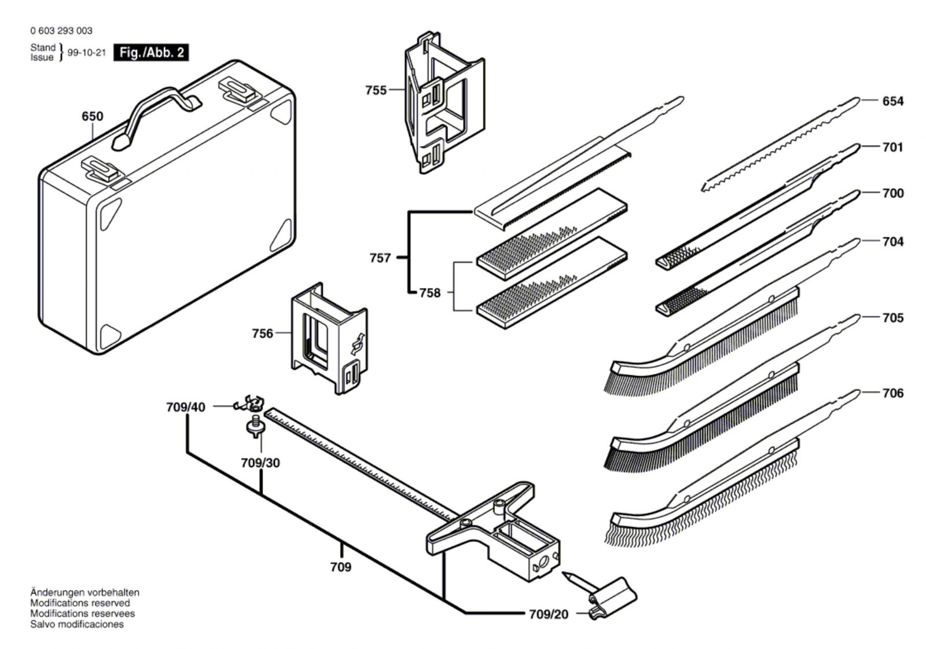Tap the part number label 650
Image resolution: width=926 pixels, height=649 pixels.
pyautogui.click(x=92, y=116)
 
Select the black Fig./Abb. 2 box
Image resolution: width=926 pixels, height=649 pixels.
pyautogui.click(x=151, y=53)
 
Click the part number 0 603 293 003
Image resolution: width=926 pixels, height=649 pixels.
pyautogui.click(x=61, y=31)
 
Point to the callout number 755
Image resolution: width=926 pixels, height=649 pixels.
pyautogui.click(x=376, y=90)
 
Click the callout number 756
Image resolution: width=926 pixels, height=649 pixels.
pyautogui.click(x=263, y=333)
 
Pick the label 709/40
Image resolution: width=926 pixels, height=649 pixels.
pyautogui.click(x=186, y=407)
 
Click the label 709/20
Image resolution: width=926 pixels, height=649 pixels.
pyautogui.click(x=549, y=614)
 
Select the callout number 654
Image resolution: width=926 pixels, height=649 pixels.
pyautogui.click(x=893, y=101)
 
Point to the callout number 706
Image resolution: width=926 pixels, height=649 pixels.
pyautogui.click(x=893, y=393)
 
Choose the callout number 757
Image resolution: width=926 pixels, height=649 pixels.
pyautogui.click(x=380, y=258)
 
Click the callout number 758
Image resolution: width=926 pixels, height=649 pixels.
pyautogui.click(x=430, y=292)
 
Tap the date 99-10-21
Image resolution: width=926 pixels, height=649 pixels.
pyautogui.click(x=87, y=53)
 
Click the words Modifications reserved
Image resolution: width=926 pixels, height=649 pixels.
pyautogui.click(x=80, y=603)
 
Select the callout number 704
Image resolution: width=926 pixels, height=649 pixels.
pyautogui.click(x=893, y=241)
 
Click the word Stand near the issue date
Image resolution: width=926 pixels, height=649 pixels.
pyautogui.click(x=43, y=47)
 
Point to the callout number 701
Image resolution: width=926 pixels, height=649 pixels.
pyautogui.click(x=893, y=147)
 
